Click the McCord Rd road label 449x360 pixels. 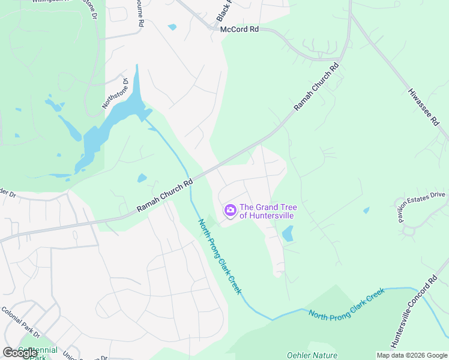click(x=240, y=29)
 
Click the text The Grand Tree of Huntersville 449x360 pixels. click(x=268, y=211)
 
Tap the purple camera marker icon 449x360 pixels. click(x=230, y=211)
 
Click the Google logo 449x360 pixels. click(x=20, y=353)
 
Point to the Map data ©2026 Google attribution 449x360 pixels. click(x=412, y=355)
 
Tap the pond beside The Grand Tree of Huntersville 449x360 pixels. click(x=288, y=233)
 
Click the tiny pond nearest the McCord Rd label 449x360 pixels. click(x=173, y=27)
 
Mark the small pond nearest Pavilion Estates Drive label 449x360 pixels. click(x=366, y=211)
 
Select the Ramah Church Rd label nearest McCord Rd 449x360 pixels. click(x=316, y=87)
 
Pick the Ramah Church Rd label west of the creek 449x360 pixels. click(x=164, y=195)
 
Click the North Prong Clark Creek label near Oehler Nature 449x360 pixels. click(x=346, y=304)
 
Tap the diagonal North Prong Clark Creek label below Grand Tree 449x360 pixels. click(x=220, y=257)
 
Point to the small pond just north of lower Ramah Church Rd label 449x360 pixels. click(x=142, y=178)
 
